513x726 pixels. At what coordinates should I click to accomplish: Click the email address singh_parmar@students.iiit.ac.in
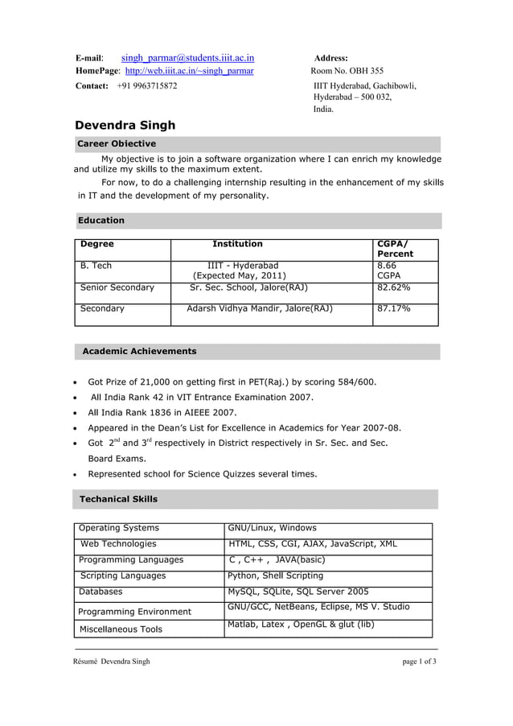(187, 58)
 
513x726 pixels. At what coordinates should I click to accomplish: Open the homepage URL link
(190, 72)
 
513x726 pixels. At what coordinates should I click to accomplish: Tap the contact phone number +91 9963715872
(147, 86)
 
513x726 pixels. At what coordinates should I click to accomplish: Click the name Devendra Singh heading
(125, 126)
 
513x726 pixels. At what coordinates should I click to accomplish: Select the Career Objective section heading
(117, 144)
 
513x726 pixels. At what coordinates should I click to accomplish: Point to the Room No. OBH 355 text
(347, 72)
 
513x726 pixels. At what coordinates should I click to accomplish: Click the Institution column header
(237, 244)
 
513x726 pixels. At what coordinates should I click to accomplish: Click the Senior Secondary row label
(117, 287)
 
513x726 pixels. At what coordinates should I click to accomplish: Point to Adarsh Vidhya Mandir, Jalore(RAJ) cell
(260, 308)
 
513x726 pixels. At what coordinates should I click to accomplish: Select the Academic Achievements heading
(139, 352)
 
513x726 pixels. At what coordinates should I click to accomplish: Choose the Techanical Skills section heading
(118, 500)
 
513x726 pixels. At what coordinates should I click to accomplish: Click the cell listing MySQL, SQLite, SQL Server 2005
(298, 592)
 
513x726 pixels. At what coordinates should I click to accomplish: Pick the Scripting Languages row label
(123, 575)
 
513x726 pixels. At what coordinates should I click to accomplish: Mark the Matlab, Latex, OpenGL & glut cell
(301, 625)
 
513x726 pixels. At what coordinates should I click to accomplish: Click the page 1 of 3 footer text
(419, 662)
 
